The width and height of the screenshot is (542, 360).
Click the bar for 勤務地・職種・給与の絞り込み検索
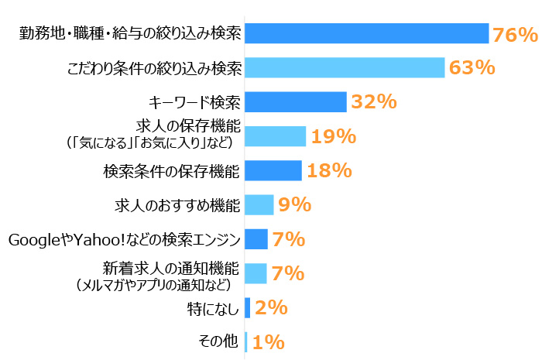[366, 33]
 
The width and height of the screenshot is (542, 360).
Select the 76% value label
[514, 34]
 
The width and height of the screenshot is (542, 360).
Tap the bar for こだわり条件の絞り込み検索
[345, 67]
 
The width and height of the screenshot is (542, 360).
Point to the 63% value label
[472, 67]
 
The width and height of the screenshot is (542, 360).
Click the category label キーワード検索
[194, 102]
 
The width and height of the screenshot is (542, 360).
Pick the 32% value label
[373, 102]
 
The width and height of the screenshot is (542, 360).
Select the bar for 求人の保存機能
[275, 136]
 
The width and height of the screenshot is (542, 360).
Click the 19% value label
[333, 137]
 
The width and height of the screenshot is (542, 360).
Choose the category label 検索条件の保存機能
[172, 170]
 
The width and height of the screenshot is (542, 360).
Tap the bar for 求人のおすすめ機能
[259, 204]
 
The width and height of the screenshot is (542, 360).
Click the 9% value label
[294, 205]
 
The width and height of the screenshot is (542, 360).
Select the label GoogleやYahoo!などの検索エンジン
[125, 239]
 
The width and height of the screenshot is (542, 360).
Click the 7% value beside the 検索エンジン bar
[288, 239]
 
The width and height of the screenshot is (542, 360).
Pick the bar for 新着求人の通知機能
[256, 273]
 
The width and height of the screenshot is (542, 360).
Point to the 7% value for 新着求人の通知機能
[288, 273]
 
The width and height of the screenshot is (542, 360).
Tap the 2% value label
[271, 307]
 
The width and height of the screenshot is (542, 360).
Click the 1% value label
[268, 341]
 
